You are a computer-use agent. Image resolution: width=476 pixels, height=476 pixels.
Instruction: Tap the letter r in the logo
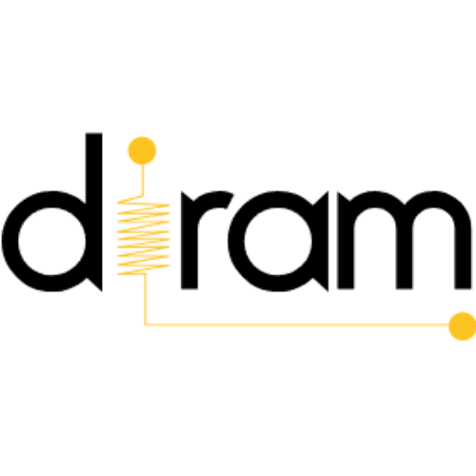tap(189, 241)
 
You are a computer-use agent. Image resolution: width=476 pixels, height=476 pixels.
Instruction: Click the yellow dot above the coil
tap(142, 150)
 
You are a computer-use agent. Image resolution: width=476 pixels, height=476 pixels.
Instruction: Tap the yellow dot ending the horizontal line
tap(463, 326)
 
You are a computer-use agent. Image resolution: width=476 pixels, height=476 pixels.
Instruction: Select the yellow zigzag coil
tap(144, 235)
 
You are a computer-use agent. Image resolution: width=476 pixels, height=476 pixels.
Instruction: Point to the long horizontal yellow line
tap(297, 325)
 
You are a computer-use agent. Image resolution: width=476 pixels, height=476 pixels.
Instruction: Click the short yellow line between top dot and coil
tap(143, 179)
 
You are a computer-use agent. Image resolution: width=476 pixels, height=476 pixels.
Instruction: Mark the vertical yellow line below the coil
tap(145, 299)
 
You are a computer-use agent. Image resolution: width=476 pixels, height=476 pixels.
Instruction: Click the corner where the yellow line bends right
tap(145, 325)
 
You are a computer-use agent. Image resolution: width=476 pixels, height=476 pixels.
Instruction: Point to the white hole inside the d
tap(51, 241)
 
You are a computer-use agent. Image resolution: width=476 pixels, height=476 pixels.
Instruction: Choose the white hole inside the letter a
tap(278, 241)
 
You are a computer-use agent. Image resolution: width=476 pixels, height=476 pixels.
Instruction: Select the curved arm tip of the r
tap(227, 200)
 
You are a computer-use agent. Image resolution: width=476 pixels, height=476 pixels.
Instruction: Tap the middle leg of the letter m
tap(405, 254)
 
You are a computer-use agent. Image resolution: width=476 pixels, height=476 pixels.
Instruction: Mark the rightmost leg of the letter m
tap(463, 254)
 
